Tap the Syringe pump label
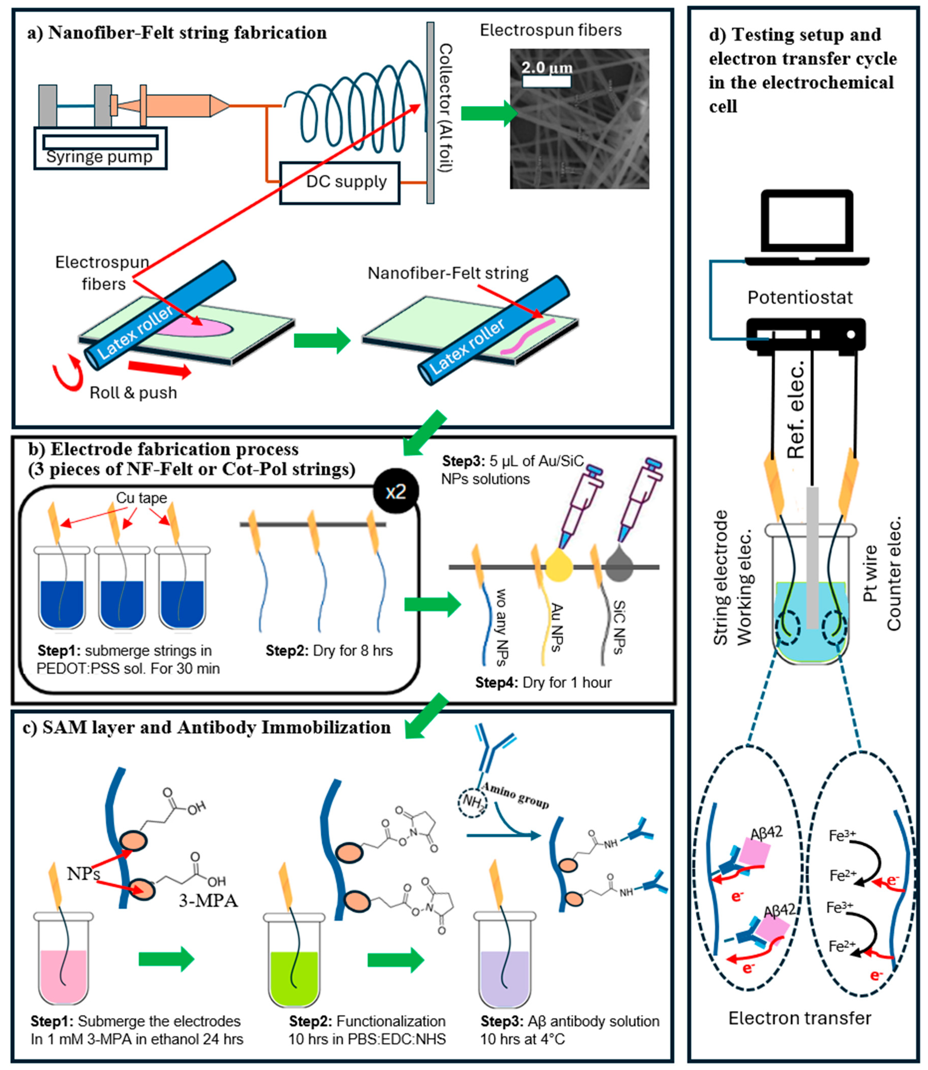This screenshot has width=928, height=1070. pos(99,156)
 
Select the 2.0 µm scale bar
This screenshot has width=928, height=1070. pos(546,81)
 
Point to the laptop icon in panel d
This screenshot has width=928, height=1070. pos(806,228)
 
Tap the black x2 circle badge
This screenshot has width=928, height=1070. pos(396,491)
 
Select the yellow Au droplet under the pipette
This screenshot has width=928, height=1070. pos(559,566)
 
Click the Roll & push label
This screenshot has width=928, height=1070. pos(133,392)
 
